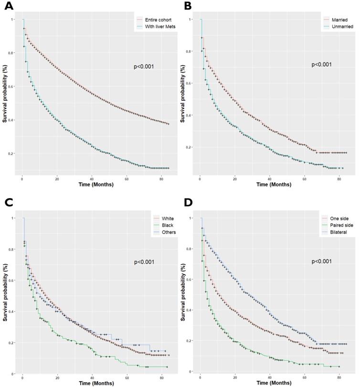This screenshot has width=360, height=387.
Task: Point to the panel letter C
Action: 8,202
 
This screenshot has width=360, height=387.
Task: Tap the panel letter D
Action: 188,202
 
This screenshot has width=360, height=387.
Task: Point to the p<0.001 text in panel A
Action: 144,67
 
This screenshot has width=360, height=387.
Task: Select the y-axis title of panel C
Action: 5,293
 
